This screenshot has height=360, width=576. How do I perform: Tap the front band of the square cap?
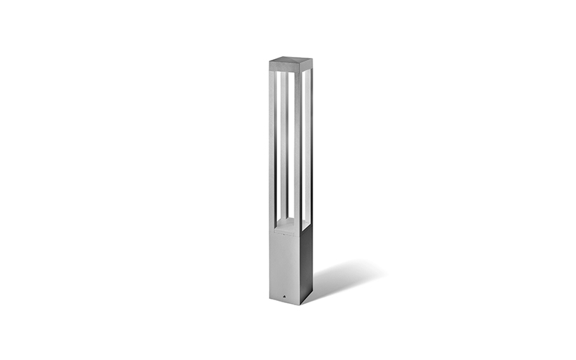[x=284, y=68]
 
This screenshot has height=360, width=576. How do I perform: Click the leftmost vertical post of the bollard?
[x=273, y=144]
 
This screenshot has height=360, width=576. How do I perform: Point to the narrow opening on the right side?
[x=306, y=144]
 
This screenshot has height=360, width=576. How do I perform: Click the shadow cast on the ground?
[x=346, y=277]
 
